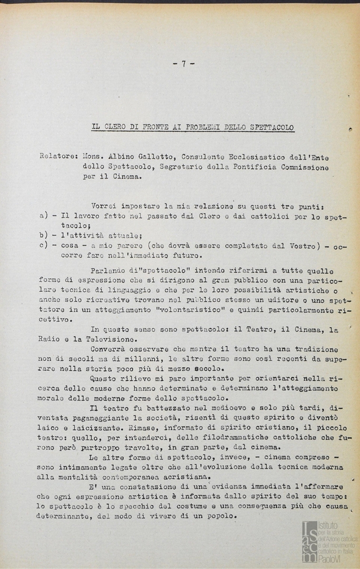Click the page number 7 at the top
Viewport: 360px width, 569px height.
[184, 64]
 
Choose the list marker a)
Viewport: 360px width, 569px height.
[44, 215]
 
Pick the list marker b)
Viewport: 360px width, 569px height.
[44, 236]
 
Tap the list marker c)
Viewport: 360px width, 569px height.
[44, 246]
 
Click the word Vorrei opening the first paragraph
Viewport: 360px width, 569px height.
[104, 205]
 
